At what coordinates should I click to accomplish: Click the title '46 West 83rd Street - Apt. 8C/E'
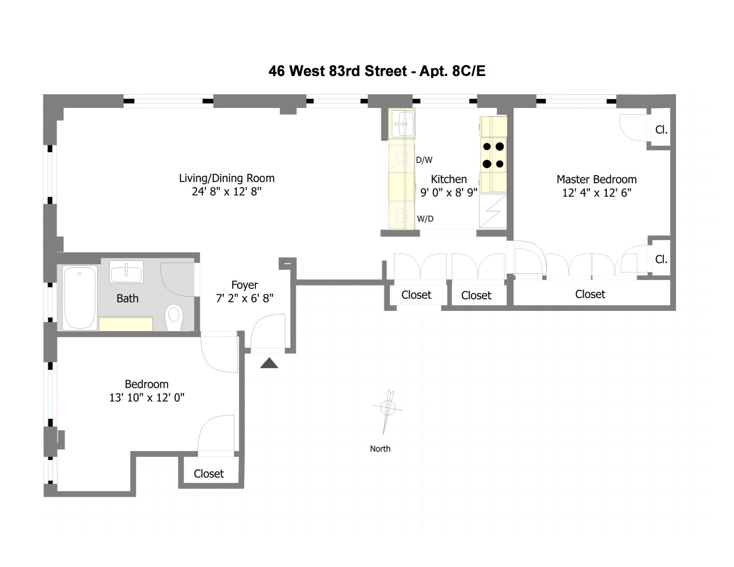pyautogui.click(x=377, y=71)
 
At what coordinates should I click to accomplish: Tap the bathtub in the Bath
pyautogui.click(x=80, y=298)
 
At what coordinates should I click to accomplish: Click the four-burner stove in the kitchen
pyautogui.click(x=493, y=155)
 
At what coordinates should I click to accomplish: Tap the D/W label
pyautogui.click(x=424, y=160)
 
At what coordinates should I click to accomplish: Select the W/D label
pyautogui.click(x=425, y=219)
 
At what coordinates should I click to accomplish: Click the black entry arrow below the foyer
pyautogui.click(x=269, y=363)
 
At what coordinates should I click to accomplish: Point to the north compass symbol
pyautogui.click(x=388, y=408)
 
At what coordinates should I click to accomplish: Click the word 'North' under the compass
pyautogui.click(x=380, y=449)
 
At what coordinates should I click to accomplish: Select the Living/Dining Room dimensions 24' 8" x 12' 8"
pyautogui.click(x=227, y=192)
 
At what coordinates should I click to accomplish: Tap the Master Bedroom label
pyautogui.click(x=597, y=180)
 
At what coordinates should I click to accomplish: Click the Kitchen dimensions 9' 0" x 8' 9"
pyautogui.click(x=449, y=193)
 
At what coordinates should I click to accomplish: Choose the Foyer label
pyautogui.click(x=245, y=285)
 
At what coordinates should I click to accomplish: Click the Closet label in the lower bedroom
pyautogui.click(x=209, y=474)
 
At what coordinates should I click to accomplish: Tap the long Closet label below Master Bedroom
pyautogui.click(x=590, y=294)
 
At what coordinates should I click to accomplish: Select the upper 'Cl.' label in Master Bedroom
pyautogui.click(x=661, y=130)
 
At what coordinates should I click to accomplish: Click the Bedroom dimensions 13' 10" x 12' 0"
pyautogui.click(x=147, y=398)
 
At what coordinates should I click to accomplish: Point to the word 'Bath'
pyautogui.click(x=127, y=298)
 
